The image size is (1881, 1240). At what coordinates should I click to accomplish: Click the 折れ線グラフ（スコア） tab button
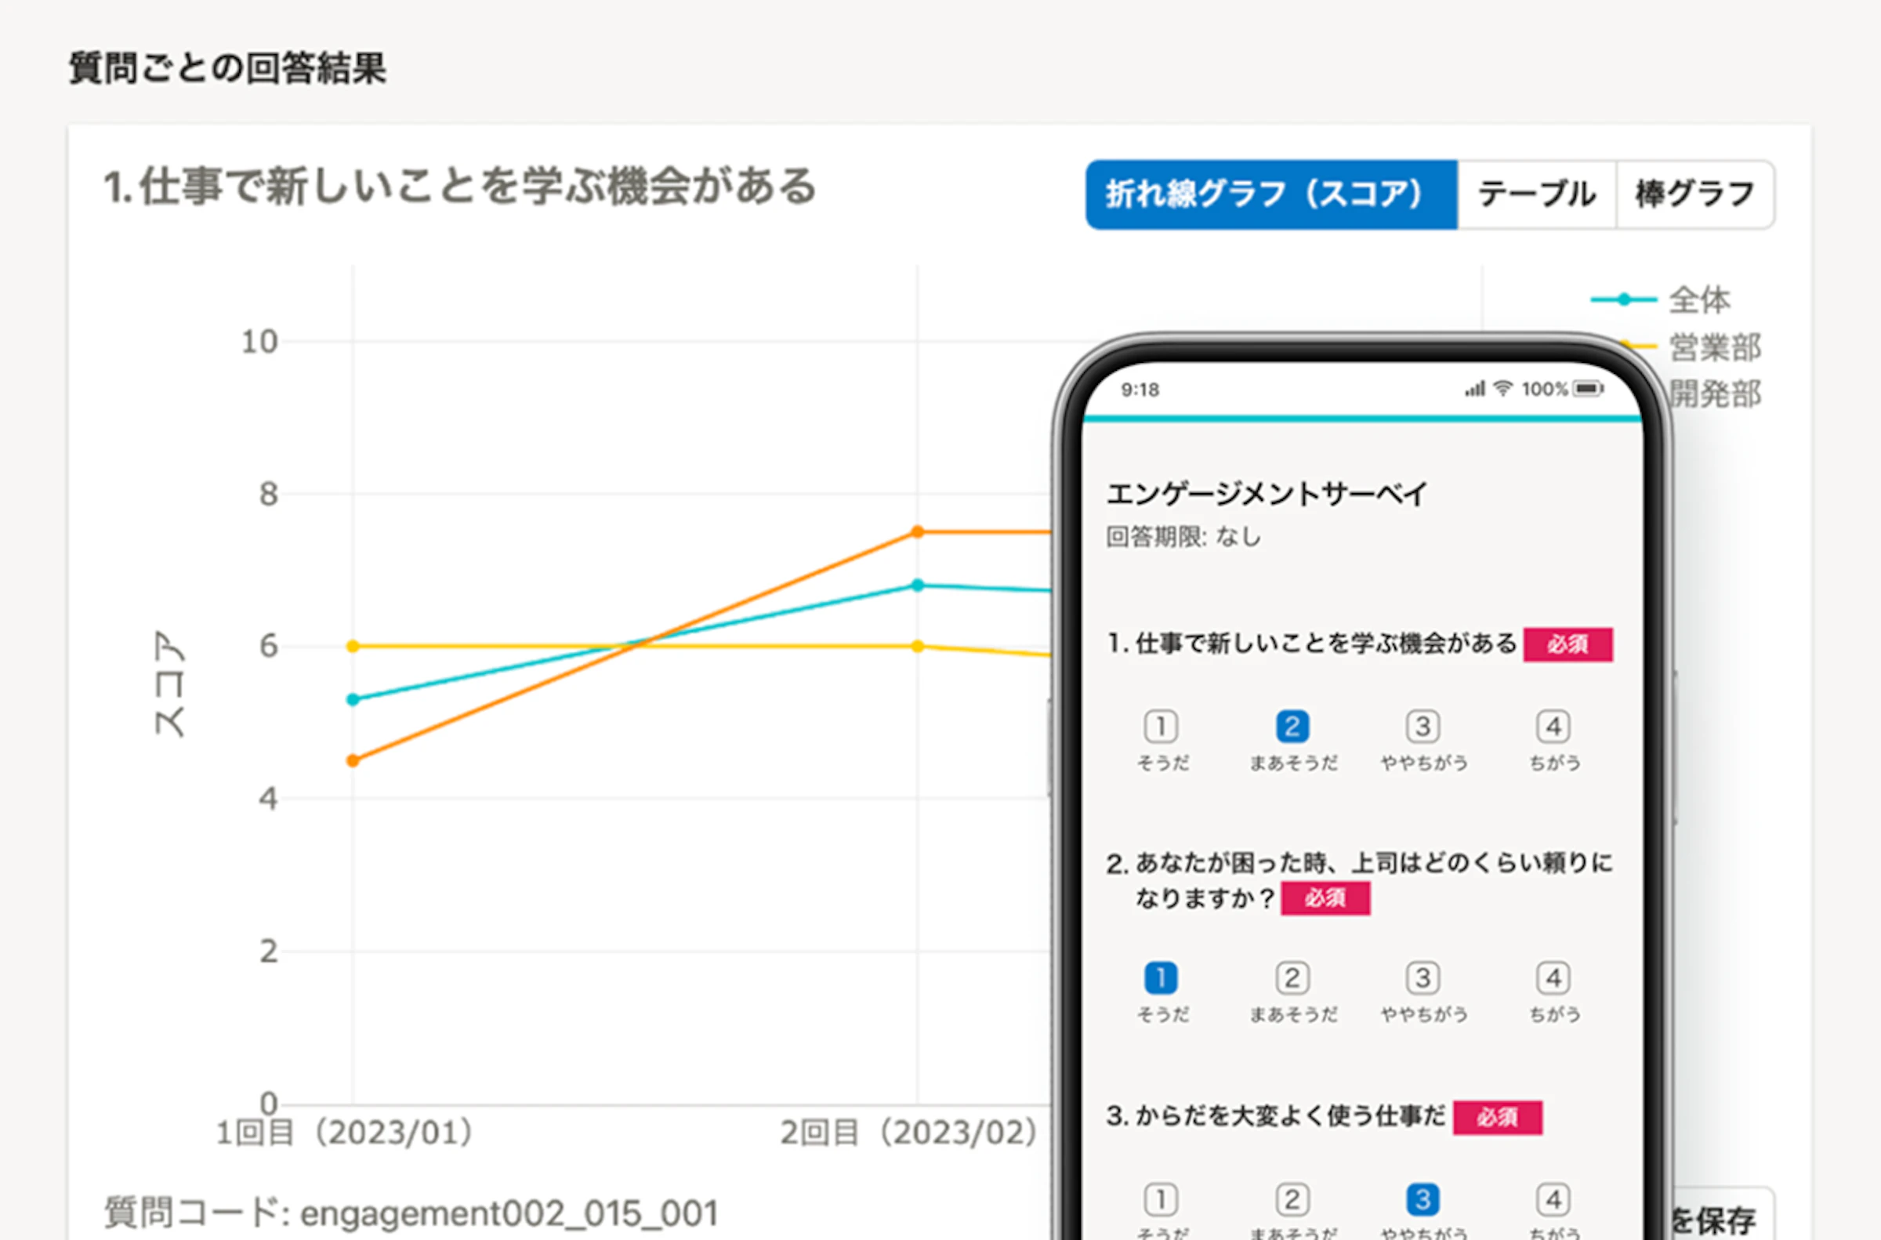tap(1270, 194)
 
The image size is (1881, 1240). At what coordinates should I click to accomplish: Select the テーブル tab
tap(1535, 194)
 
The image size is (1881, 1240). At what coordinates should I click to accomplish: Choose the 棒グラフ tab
tap(1694, 194)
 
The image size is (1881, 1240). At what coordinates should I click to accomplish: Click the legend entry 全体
tap(1698, 299)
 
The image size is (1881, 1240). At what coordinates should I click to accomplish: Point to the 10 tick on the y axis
tap(259, 343)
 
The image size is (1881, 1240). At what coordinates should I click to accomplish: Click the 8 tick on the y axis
tap(268, 495)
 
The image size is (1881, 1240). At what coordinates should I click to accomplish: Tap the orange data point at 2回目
tap(917, 531)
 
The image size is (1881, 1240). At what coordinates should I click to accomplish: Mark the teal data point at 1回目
tap(353, 699)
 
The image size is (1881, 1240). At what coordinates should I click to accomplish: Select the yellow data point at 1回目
tap(353, 646)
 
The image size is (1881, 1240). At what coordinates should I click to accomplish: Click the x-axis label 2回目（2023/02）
tap(908, 1133)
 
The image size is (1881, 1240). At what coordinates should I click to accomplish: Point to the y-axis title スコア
tap(169, 683)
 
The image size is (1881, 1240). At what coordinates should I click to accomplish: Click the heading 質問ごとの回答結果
tap(228, 68)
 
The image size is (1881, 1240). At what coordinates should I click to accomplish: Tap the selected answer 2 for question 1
tap(1292, 726)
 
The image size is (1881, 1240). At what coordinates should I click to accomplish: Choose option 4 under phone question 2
tap(1553, 978)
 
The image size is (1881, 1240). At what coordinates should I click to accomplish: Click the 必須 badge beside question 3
tap(1497, 1117)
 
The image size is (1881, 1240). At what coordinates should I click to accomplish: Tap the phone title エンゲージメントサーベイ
tap(1266, 495)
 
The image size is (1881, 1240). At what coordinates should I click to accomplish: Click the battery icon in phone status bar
tap(1587, 388)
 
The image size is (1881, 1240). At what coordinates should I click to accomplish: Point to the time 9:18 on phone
tap(1140, 390)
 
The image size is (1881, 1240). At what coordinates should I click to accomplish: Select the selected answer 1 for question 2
tap(1161, 978)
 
